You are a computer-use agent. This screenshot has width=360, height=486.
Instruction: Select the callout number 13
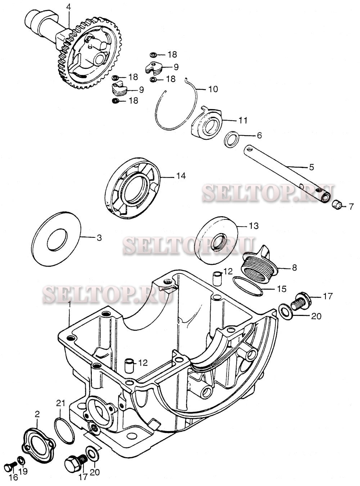tap(253, 226)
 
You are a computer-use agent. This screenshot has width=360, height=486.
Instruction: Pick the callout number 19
tap(23, 471)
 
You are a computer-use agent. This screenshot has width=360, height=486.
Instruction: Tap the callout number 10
tap(213, 89)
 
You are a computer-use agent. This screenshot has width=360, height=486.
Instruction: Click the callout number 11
tap(243, 120)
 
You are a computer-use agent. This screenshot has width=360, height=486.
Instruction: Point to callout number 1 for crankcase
tap(69, 305)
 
